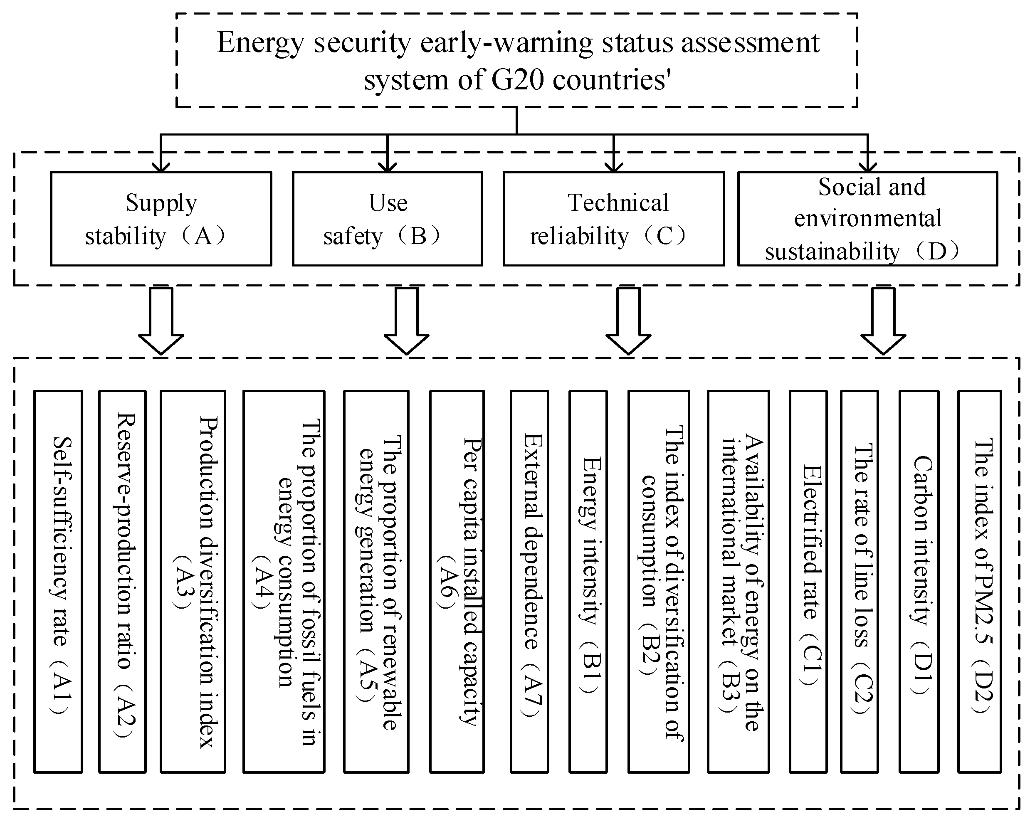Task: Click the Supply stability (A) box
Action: pyautogui.click(x=161, y=219)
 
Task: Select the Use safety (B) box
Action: pyautogui.click(x=388, y=219)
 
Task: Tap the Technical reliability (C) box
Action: pyautogui.click(x=613, y=219)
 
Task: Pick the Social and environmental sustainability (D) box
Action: pyautogui.click(x=867, y=219)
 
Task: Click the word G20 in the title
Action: pyautogui.click(x=518, y=79)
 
